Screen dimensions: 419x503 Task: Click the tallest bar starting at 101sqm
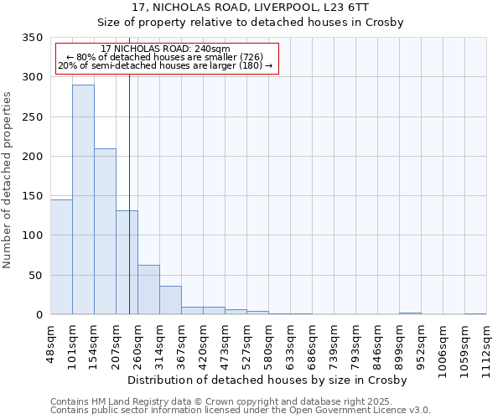click(83, 199)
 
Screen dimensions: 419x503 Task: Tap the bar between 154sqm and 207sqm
click(105, 231)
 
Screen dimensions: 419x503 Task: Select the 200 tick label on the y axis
click(34, 157)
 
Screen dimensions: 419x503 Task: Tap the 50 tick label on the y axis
click(37, 276)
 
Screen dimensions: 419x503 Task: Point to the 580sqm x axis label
click(269, 341)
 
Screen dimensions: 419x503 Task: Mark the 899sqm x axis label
click(400, 341)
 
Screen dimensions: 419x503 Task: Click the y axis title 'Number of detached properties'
click(8, 180)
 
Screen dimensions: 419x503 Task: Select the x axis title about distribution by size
click(268, 380)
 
